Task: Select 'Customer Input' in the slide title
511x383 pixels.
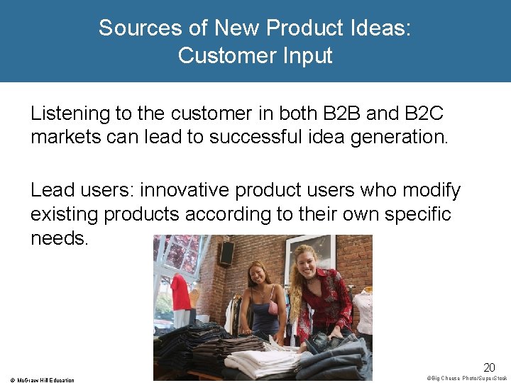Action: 255,55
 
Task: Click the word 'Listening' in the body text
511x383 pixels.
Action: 70,113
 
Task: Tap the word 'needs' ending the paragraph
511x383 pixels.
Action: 59,238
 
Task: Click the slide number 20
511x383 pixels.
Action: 489,367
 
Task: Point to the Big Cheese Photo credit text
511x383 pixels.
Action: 468,378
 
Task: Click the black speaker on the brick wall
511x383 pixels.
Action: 226,253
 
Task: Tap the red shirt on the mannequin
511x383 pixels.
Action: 180,293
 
